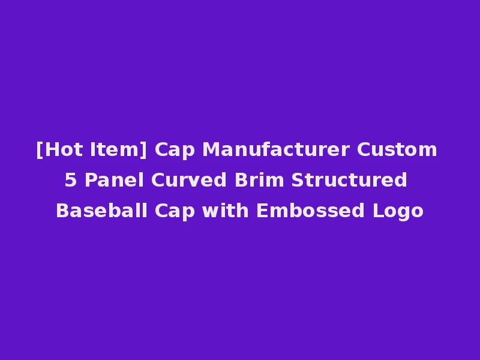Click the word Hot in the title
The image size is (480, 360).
(x=61, y=149)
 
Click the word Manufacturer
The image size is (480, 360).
(x=277, y=149)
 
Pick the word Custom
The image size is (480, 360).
(x=397, y=149)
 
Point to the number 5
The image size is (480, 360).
(x=71, y=180)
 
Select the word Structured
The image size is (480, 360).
(x=350, y=180)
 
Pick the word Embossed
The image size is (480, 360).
(x=311, y=211)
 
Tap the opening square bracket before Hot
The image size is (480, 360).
(x=39, y=149)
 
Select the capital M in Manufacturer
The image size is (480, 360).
(x=210, y=149)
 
